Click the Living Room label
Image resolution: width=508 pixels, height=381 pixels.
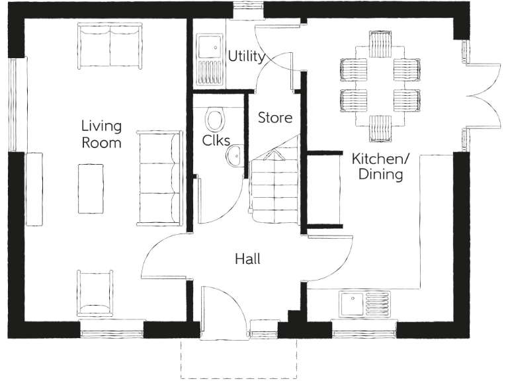(x=101, y=134)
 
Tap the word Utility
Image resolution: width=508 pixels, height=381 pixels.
(x=246, y=56)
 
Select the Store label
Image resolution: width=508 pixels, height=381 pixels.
(x=275, y=118)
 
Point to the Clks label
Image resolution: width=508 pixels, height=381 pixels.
(x=216, y=140)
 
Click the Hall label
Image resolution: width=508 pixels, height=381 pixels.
(x=247, y=259)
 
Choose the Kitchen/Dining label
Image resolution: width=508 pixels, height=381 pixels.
(x=378, y=167)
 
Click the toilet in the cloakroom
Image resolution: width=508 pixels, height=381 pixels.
(x=214, y=120)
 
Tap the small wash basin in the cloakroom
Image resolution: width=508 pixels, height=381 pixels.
(x=233, y=156)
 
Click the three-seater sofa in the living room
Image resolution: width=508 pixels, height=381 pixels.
(x=159, y=178)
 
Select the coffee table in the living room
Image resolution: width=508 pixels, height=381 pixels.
(x=91, y=188)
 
